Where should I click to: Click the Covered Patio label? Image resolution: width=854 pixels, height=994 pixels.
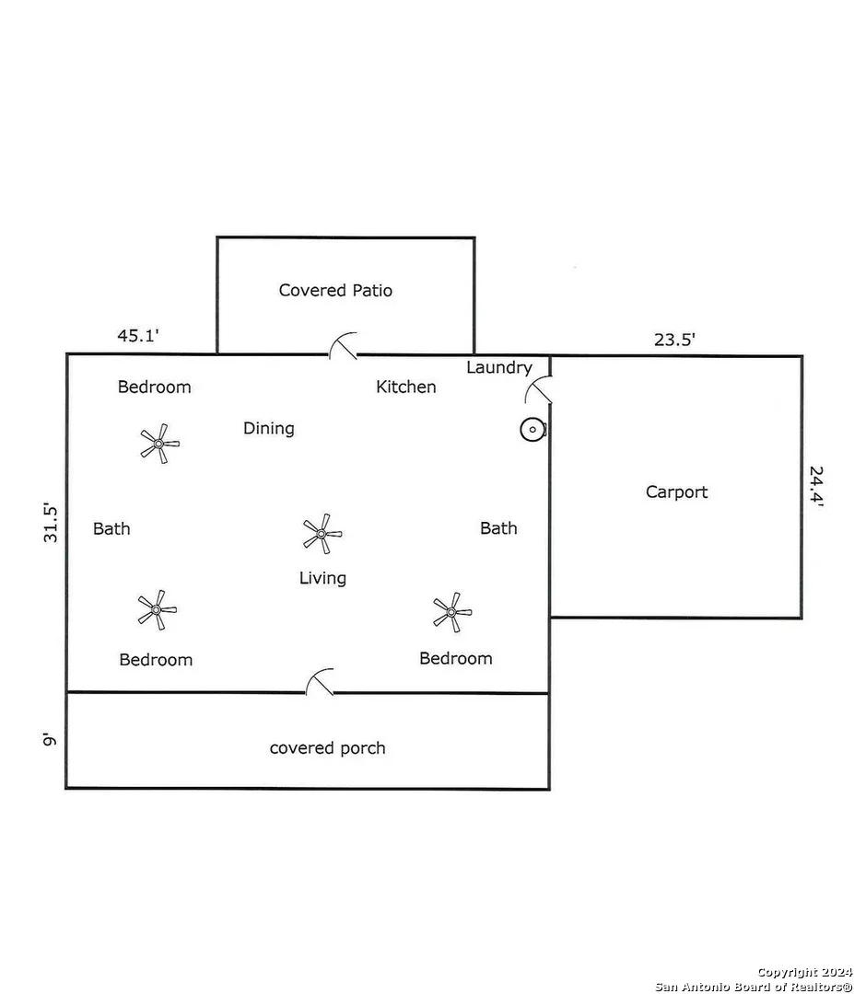click(x=335, y=290)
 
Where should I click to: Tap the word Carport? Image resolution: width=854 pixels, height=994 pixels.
click(x=676, y=492)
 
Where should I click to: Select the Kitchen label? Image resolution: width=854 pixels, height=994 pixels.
click(x=406, y=387)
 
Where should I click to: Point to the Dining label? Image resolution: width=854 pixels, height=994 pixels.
click(x=268, y=429)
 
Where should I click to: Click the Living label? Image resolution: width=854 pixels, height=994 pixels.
click(x=322, y=578)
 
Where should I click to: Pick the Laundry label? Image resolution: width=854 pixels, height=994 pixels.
click(x=499, y=367)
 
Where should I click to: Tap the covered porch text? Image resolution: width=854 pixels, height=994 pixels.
click(x=327, y=748)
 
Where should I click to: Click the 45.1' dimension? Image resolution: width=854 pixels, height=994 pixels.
click(x=137, y=335)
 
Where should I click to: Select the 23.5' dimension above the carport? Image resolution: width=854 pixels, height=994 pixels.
click(x=674, y=339)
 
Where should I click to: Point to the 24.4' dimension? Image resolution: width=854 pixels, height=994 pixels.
click(x=816, y=486)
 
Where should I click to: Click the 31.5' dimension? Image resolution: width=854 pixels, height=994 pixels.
click(x=51, y=523)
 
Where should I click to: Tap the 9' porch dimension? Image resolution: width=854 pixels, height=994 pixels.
click(x=50, y=739)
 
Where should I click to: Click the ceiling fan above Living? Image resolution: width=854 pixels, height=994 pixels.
click(x=322, y=534)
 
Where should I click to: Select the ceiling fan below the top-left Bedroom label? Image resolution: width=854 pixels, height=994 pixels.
click(x=159, y=444)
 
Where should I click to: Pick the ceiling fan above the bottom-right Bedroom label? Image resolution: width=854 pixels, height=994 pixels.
click(x=451, y=612)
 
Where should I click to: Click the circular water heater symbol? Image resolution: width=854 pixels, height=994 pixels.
click(x=533, y=430)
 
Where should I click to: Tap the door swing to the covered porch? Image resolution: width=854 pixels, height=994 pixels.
click(x=321, y=679)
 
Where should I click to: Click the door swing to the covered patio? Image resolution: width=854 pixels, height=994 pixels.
click(x=345, y=344)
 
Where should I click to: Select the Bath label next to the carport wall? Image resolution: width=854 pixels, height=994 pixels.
click(x=498, y=528)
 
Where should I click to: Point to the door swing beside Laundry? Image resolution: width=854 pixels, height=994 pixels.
click(x=538, y=389)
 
